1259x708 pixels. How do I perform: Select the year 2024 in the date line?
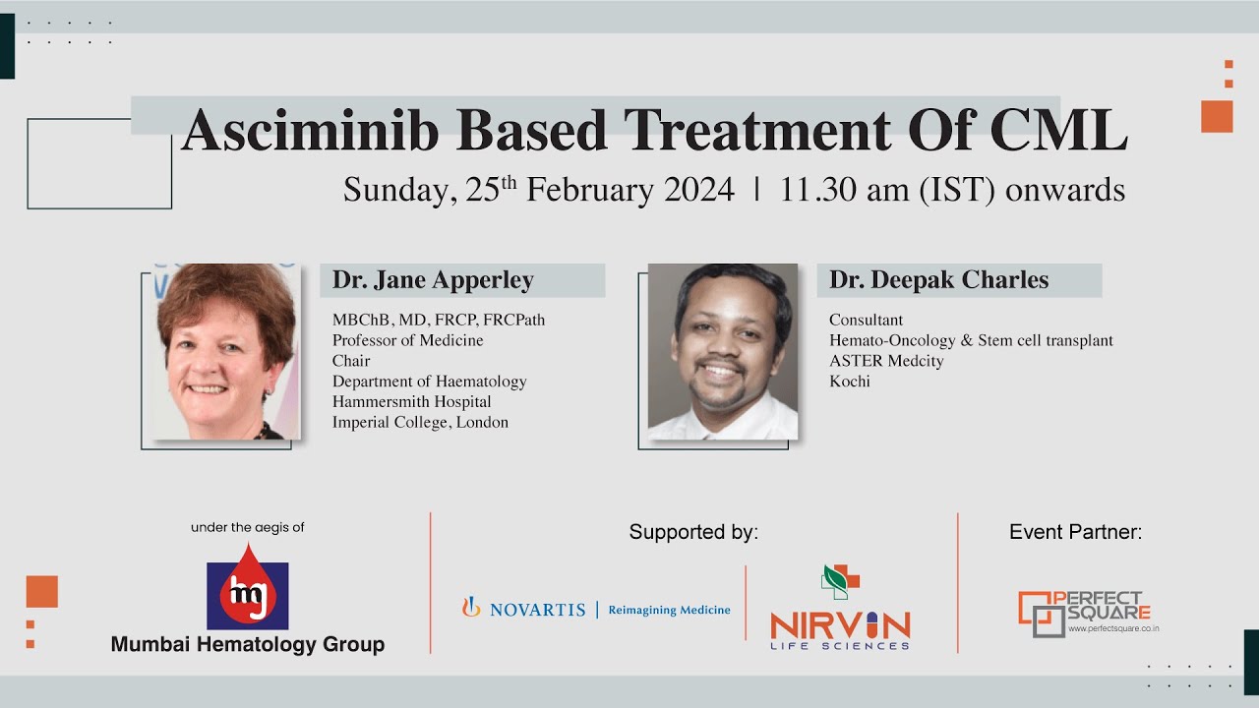699,190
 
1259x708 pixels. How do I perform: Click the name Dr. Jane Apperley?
433,280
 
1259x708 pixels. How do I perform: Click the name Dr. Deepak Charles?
938,280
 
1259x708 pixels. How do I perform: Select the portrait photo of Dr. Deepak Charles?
722,351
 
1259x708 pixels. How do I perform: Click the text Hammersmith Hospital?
411,402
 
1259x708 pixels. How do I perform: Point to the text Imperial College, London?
420,423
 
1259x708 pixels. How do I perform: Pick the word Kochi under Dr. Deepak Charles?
849,382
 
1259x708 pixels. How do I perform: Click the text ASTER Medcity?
886,361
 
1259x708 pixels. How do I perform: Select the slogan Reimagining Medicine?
669,610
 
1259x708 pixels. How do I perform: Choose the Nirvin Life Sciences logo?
840,610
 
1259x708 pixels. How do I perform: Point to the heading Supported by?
693,533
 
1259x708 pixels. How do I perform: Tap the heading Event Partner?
1075,533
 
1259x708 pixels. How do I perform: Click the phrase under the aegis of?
247,528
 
